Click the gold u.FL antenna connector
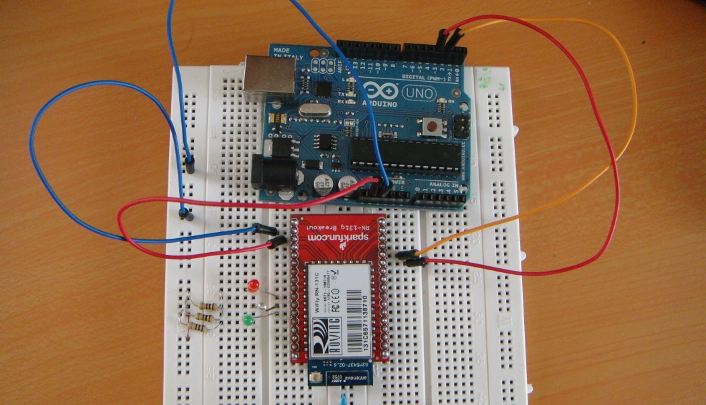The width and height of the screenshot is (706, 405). [x=315, y=381]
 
